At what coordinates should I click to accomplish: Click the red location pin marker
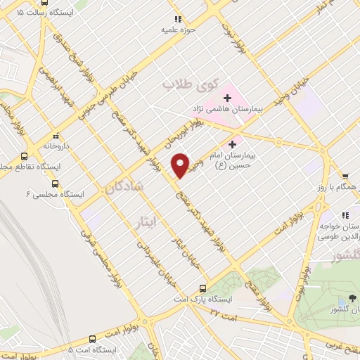(181, 165)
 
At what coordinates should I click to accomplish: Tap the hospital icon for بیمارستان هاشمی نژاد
(226, 97)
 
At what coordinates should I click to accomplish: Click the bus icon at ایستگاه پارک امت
(204, 288)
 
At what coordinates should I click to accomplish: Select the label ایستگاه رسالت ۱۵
(40, 12)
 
